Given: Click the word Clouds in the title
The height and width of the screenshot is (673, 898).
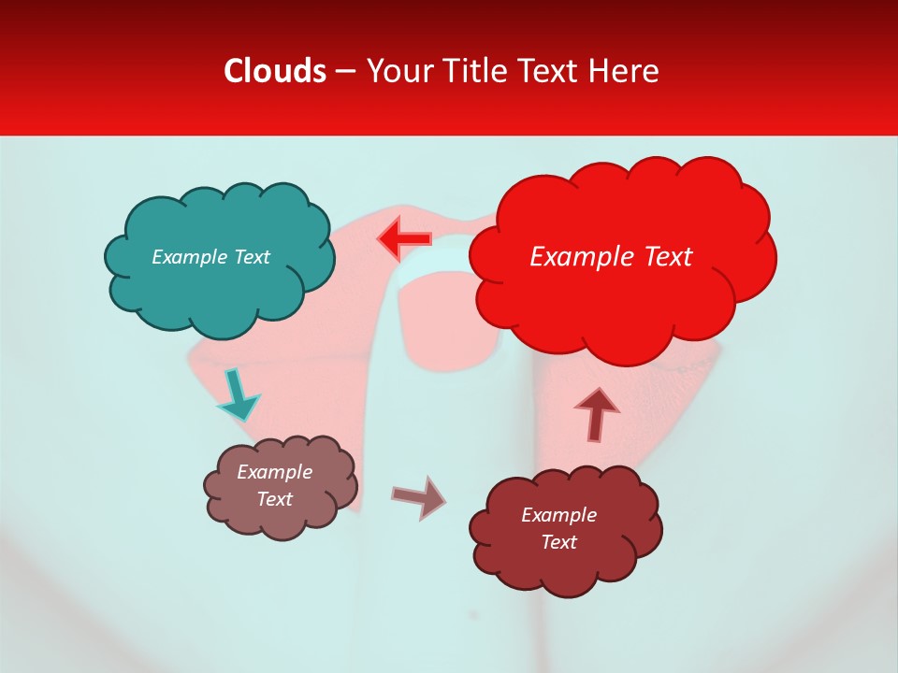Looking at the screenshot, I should click(275, 71).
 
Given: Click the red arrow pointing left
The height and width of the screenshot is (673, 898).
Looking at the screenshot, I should click(404, 239).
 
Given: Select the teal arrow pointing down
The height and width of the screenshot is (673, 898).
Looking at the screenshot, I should click(238, 394).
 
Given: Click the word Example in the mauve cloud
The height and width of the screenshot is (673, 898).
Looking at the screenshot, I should click(274, 472).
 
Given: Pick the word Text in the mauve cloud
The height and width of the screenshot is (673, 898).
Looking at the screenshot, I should click(275, 499).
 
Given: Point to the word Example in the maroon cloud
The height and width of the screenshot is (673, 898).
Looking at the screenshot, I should click(558, 515).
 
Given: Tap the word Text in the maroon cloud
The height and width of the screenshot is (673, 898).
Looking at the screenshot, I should click(558, 542).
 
